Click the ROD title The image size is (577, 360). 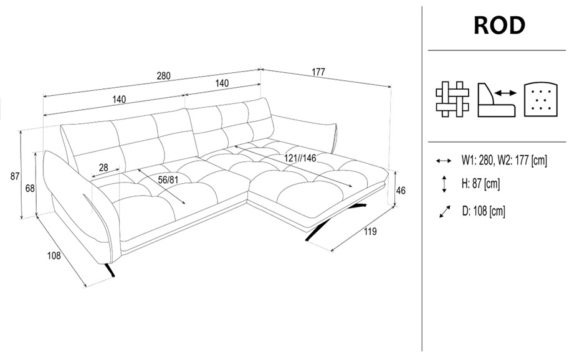[x=499, y=26]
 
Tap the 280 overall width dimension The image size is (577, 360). [x=164, y=76]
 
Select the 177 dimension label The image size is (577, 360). [x=318, y=72]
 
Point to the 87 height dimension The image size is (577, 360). [x=15, y=176]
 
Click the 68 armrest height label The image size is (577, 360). [x=30, y=188]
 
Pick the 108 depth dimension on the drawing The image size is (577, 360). [x=54, y=255]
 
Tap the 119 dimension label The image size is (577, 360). [x=370, y=231]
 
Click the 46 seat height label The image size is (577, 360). [x=401, y=191]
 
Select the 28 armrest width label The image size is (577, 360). [x=104, y=168]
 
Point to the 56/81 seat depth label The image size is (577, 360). [x=168, y=180]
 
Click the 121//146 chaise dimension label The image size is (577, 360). [x=300, y=158]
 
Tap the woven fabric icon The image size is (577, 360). [x=452, y=99]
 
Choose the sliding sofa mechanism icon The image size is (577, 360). [x=497, y=100]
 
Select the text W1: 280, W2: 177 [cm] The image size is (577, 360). [x=504, y=160]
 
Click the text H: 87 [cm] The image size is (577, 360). [x=480, y=183]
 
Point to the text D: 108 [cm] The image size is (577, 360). [x=484, y=211]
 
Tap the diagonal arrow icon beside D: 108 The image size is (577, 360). [x=445, y=212]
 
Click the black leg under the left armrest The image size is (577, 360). [x=110, y=270]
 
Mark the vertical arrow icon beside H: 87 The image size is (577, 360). [x=444, y=184]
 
